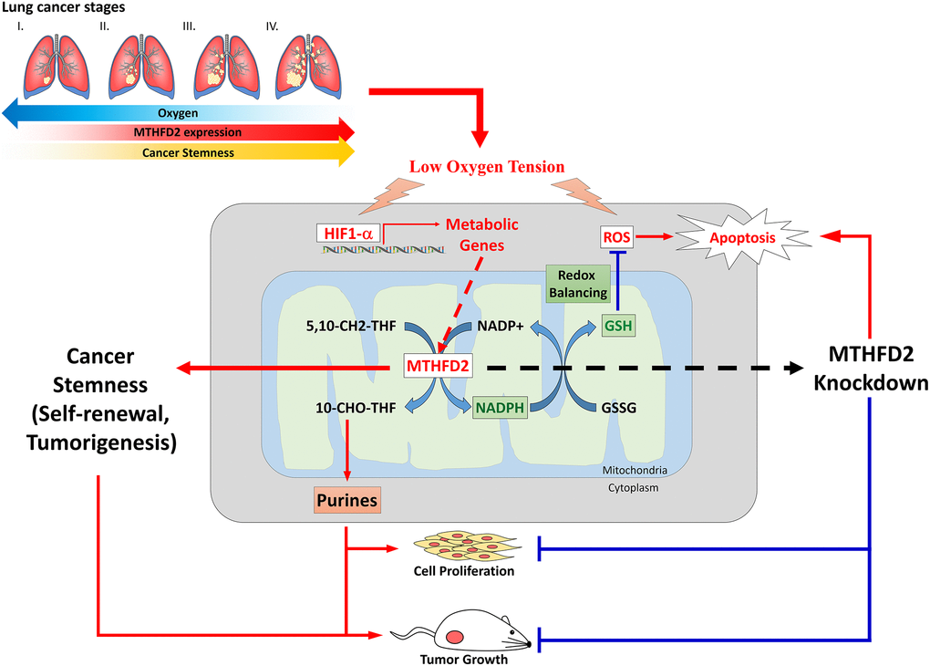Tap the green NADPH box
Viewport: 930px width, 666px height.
[x=501, y=408]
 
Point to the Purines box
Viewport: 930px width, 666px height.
[x=346, y=500]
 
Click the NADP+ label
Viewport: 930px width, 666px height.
[x=501, y=324]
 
